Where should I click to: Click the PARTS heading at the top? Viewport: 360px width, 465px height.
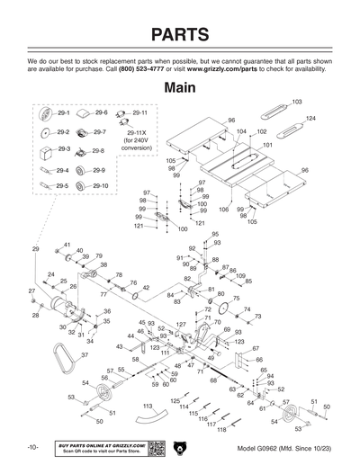(180, 34)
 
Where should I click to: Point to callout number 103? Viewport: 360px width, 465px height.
(297, 102)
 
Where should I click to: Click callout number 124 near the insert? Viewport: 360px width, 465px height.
(310, 119)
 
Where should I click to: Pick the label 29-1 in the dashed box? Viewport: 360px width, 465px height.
(63, 114)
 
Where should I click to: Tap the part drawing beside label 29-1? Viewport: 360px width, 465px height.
(45, 114)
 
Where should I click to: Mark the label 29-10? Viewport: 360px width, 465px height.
(99, 185)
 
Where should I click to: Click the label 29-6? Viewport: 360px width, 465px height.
(101, 113)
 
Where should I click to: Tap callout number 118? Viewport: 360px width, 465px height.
(221, 430)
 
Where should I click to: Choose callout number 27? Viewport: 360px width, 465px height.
(31, 291)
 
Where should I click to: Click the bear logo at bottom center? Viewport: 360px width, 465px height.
(180, 447)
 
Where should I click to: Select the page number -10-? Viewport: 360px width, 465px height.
(31, 447)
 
